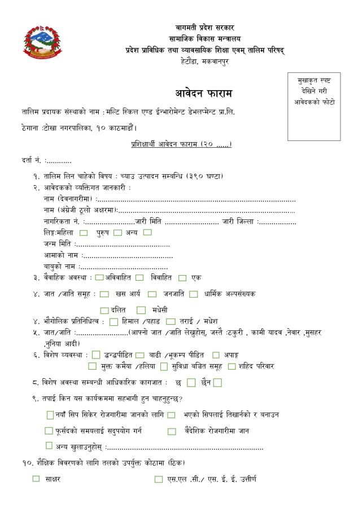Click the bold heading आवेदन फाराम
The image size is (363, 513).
(204, 92)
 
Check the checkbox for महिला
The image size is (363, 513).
(84, 232)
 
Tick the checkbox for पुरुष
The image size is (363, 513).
(117, 232)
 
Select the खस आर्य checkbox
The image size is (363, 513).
(104, 294)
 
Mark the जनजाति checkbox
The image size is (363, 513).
(152, 294)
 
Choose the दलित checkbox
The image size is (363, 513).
(104, 309)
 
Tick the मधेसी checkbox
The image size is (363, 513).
(141, 309)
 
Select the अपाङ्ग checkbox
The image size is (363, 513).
(216, 355)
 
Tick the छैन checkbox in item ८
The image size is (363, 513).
(217, 383)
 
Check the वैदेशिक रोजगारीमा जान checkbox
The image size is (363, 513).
(172, 431)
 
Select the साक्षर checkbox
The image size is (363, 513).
(36, 479)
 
